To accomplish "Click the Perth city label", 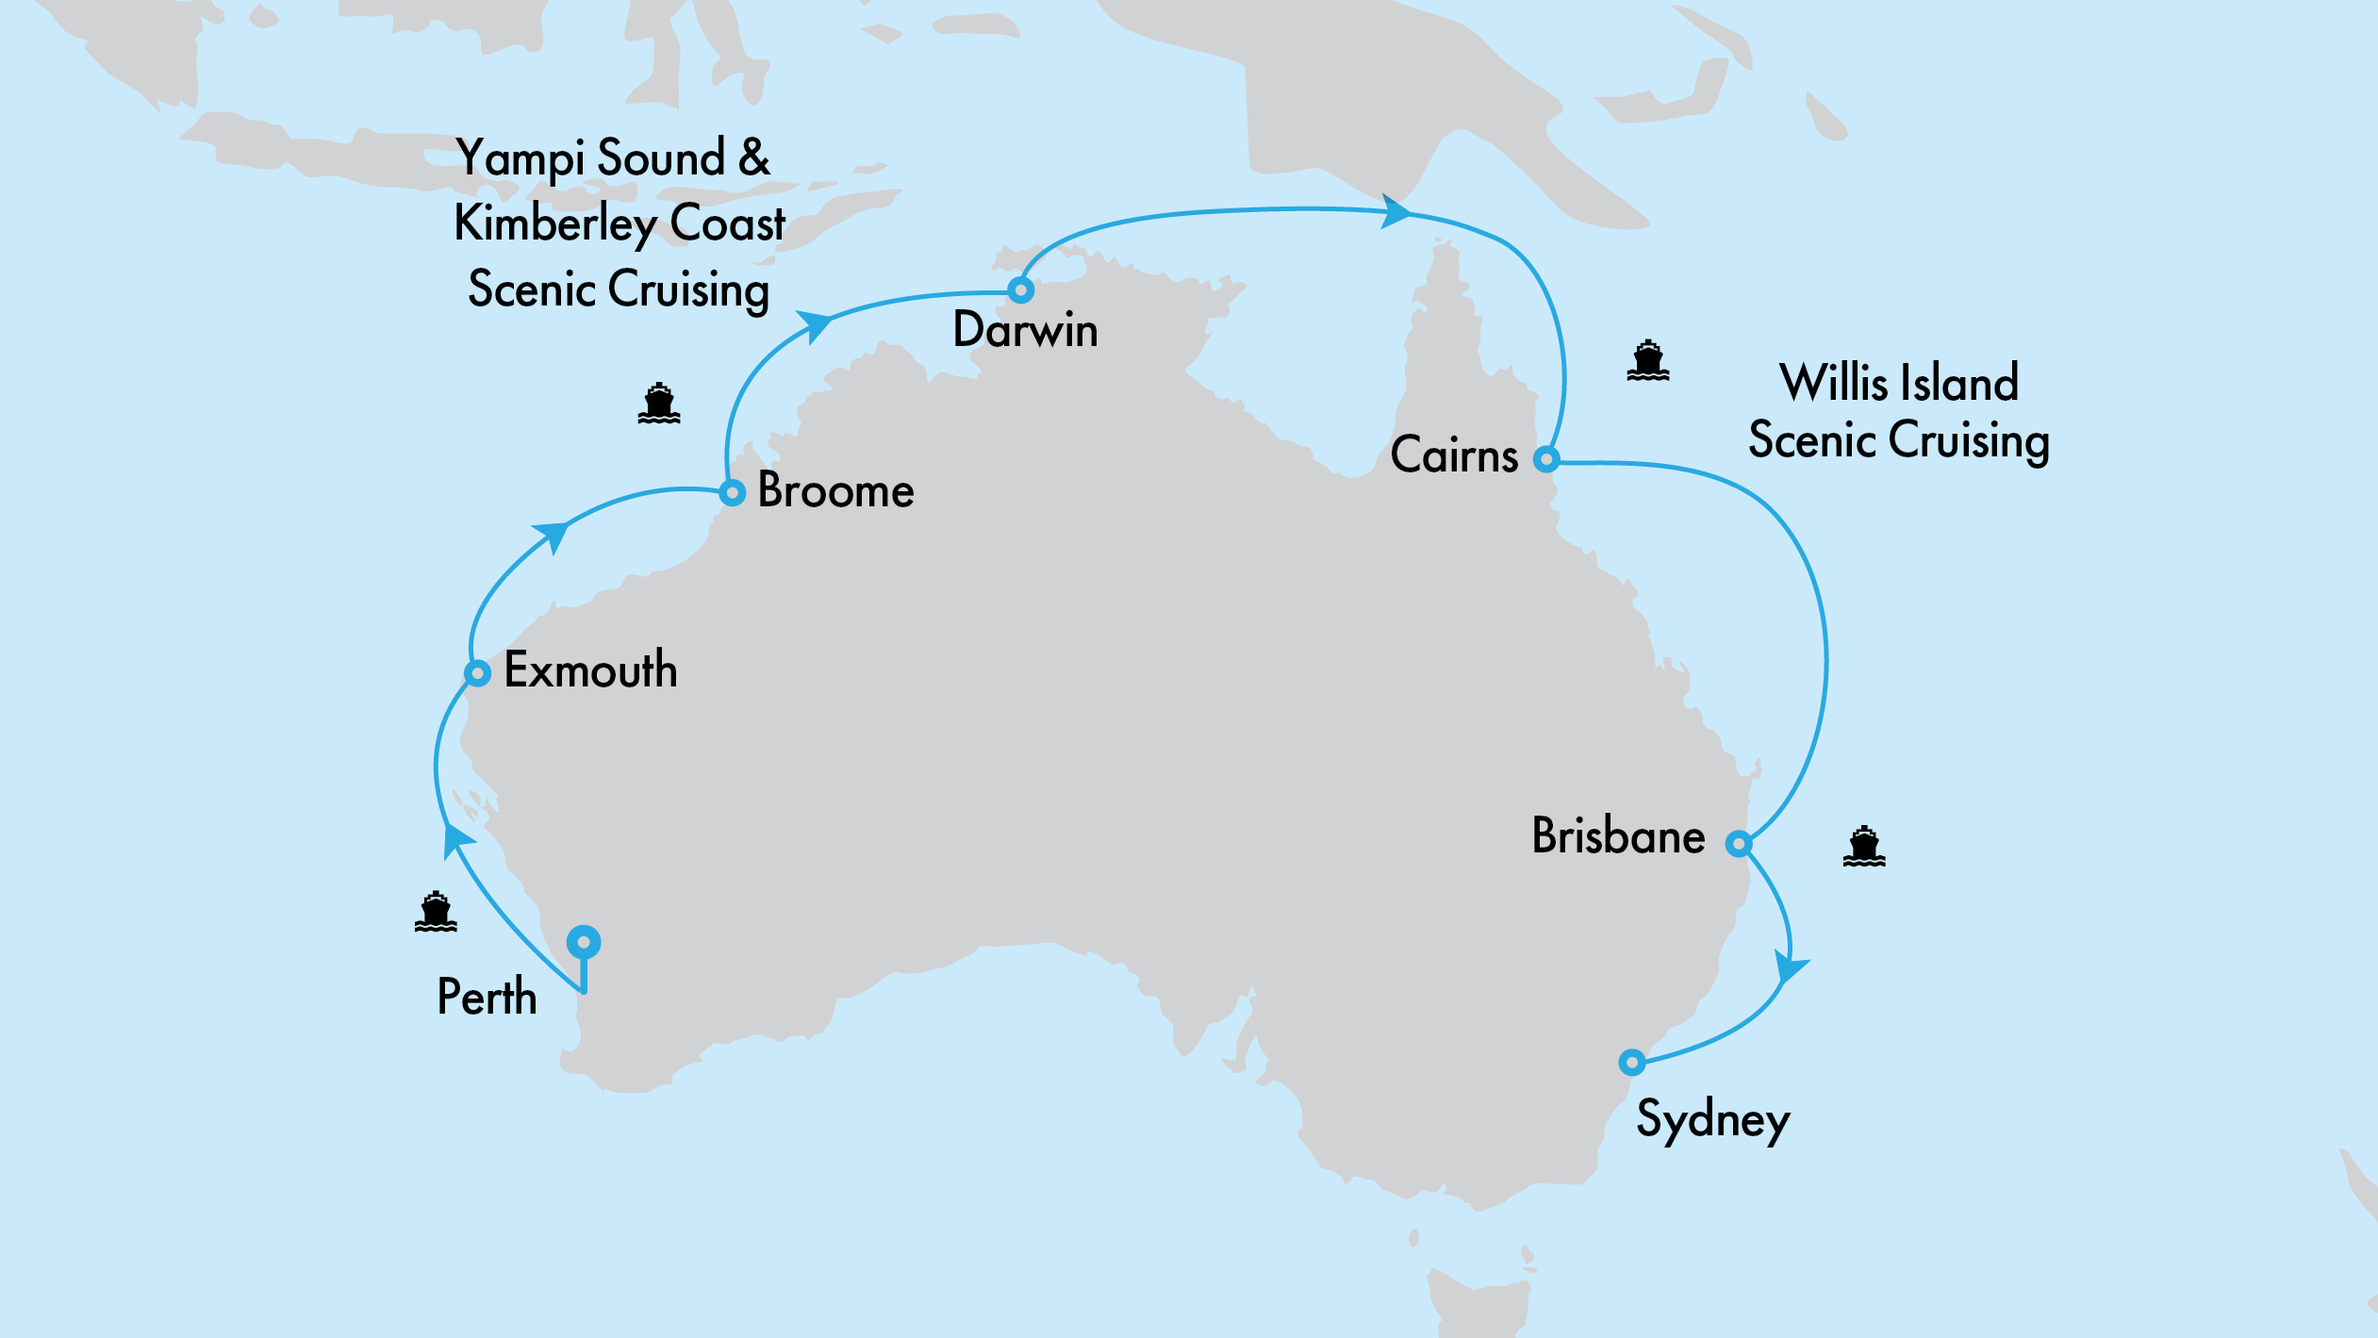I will coord(487,997).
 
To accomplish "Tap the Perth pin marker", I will coord(584,942).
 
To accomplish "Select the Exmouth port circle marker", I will coord(477,673).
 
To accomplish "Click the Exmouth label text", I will coord(590,670).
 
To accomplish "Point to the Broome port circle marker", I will coord(732,492).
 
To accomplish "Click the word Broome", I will coord(835,491).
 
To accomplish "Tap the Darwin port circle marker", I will coord(1020,289).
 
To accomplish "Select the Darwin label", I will coord(1025,330).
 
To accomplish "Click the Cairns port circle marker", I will coord(1546,459).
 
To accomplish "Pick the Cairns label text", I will coord(1454,455).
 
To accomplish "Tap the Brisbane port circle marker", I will coord(1739,843).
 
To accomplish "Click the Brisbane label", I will coord(1618,836).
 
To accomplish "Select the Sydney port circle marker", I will coord(1632,1062).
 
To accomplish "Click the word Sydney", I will coord(1712,1120).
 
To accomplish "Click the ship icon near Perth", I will coord(436,911).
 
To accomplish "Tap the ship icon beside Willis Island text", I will coord(1647,360).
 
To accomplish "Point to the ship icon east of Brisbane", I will coord(1864,846).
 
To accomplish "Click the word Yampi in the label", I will coord(519,158).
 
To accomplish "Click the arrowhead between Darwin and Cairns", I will coord(1395,211).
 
